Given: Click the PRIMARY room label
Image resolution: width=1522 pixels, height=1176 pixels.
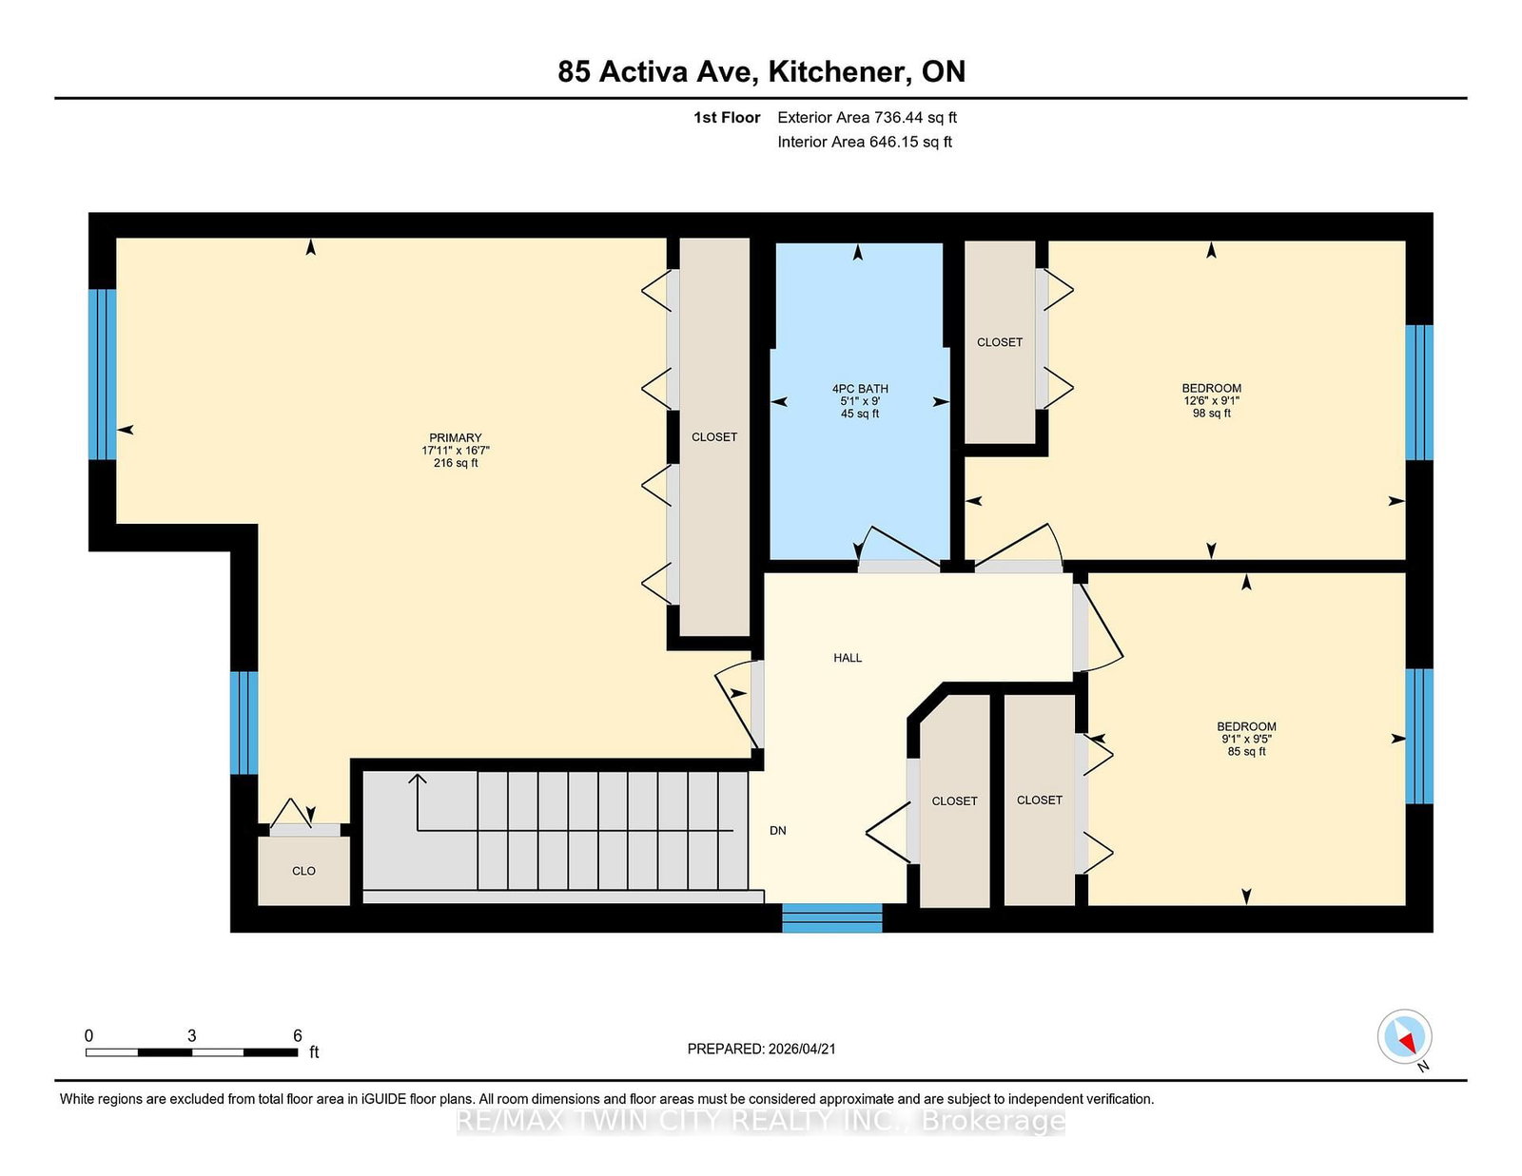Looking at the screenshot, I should [x=455, y=438].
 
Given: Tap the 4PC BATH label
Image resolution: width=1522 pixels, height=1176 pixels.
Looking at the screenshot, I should [x=859, y=389].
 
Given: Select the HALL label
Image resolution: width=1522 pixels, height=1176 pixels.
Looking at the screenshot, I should [x=847, y=658].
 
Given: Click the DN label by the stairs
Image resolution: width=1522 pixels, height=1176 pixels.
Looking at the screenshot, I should [x=777, y=831].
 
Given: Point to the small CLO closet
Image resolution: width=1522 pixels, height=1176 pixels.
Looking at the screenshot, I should [x=303, y=871].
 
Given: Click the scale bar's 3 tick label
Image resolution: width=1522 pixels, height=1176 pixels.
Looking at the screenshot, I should [x=191, y=1035].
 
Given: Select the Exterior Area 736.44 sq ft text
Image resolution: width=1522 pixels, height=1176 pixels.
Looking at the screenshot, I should [x=867, y=118].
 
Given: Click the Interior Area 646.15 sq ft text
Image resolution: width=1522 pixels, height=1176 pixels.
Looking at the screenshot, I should [x=864, y=142].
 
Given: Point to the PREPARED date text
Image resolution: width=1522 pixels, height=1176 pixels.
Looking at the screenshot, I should [x=761, y=1049].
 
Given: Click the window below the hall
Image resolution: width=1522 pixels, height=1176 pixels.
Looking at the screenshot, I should [x=831, y=917].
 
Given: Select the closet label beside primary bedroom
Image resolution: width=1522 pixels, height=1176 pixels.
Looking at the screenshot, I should [x=713, y=437].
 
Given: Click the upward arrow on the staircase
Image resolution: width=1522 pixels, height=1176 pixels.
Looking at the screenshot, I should [x=417, y=785].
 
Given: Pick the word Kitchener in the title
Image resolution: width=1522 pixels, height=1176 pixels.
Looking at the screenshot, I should [x=837, y=71].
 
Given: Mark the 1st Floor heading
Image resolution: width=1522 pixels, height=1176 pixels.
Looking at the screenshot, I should [x=727, y=118].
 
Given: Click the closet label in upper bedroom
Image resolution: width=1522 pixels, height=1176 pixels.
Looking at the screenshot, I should [x=999, y=342].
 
